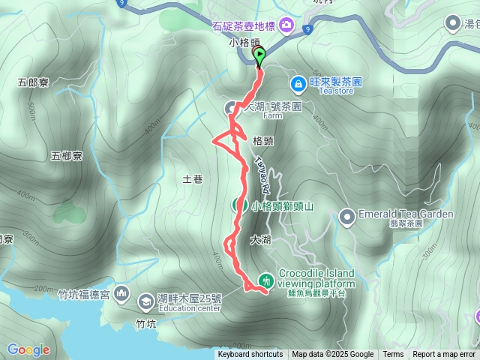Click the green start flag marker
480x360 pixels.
click(260, 55)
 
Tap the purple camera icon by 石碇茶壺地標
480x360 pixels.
click(286, 27)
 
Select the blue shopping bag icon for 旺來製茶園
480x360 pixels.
click(298, 82)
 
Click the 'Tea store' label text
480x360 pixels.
click(335, 91)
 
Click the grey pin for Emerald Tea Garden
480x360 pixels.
click(346, 217)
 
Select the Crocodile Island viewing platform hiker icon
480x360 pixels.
click(265, 280)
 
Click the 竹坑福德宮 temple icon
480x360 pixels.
click(122, 294)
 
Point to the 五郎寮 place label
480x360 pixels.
click(32, 82)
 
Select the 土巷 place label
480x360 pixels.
click(193, 178)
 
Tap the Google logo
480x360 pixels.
click(28, 349)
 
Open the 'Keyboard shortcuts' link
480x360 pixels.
click(250, 355)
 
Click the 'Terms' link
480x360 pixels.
click(393, 355)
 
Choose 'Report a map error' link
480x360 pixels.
click(445, 355)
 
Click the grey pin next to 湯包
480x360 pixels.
click(453, 24)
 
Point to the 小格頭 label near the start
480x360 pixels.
click(244, 43)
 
